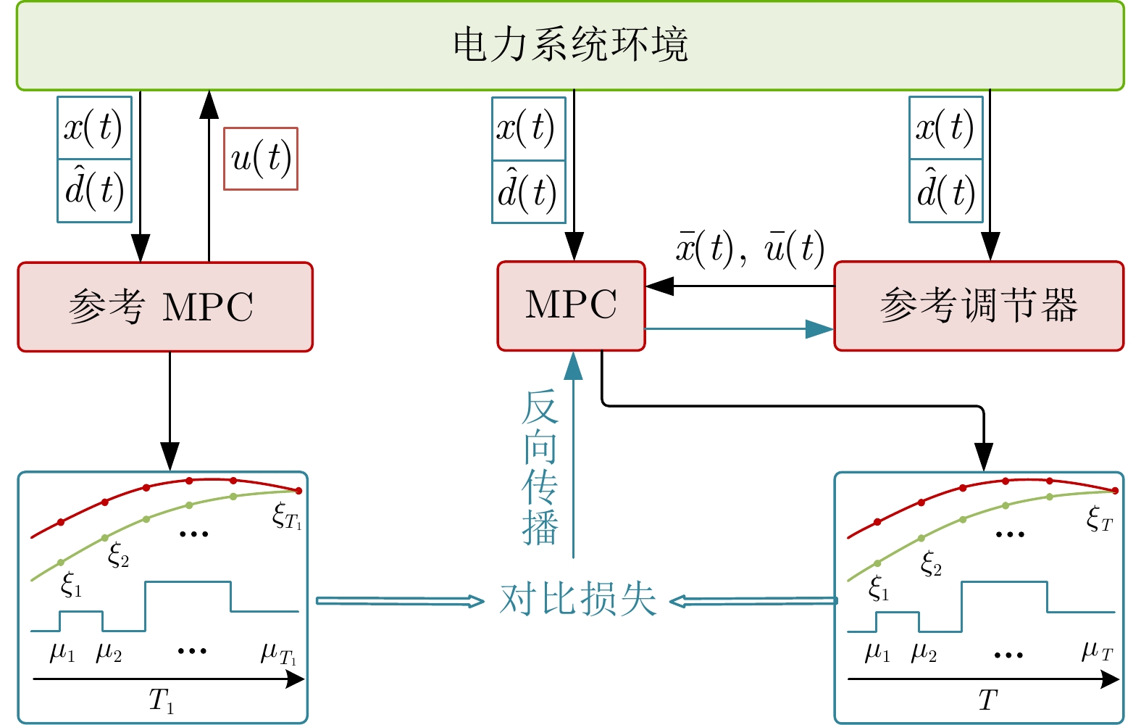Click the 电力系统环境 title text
tap(570, 45)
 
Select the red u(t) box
tap(261, 159)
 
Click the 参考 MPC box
tap(165, 307)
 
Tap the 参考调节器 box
tap(979, 306)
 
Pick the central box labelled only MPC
tap(571, 306)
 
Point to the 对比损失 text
tap(577, 600)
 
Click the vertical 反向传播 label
tap(540, 468)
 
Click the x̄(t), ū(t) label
tap(750, 248)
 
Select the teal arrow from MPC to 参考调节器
tap(739, 329)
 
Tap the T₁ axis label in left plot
tap(161, 701)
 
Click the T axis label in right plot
tap(987, 700)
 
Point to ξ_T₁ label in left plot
tap(287, 516)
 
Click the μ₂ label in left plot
tap(109, 652)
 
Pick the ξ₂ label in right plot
tap(931, 563)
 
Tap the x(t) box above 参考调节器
tap(945, 128)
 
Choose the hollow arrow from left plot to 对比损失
tap(400, 601)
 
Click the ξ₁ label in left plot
tap(71, 584)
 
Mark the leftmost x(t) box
tap(94, 128)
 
